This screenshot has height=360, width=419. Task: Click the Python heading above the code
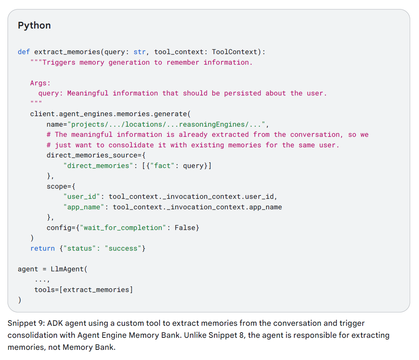(x=34, y=26)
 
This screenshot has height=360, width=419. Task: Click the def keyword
(x=24, y=52)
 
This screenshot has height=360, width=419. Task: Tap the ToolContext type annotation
(x=234, y=52)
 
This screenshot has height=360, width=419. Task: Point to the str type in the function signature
(x=139, y=52)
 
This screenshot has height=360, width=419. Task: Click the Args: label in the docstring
(x=40, y=83)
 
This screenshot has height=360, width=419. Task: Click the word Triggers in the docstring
(x=59, y=62)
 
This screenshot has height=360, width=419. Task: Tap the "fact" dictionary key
(x=162, y=166)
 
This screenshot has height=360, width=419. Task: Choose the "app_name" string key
(x=84, y=207)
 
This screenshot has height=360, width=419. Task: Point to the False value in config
(x=185, y=228)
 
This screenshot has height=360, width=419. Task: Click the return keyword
(x=42, y=248)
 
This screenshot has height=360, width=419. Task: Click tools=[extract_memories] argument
(x=83, y=290)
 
